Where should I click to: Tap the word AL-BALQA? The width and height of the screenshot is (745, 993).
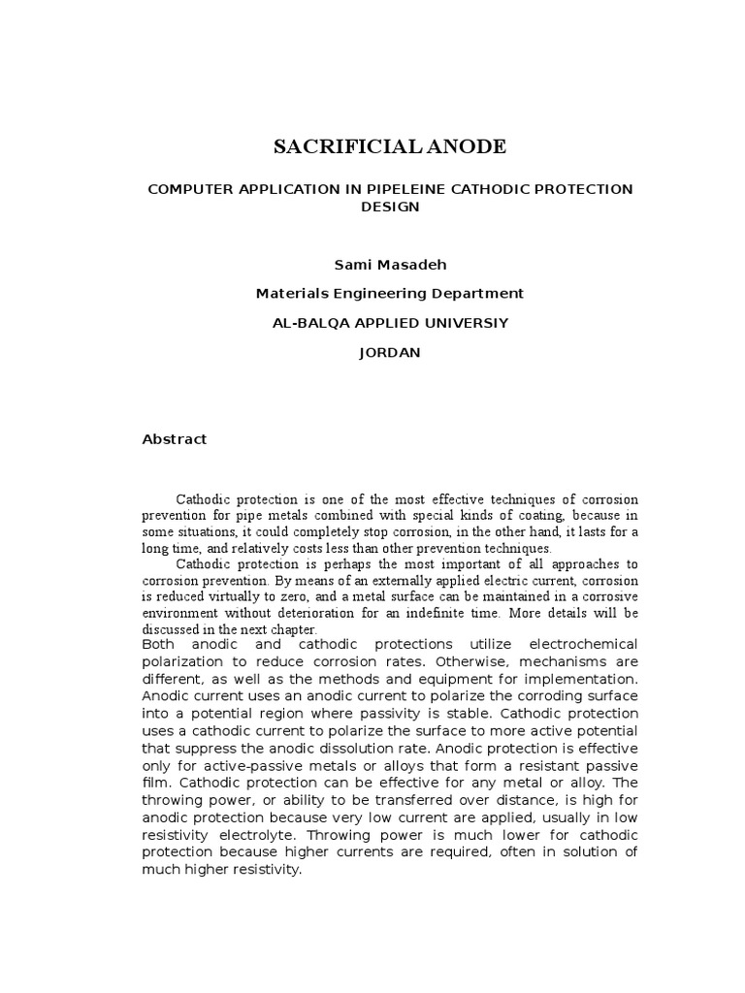tap(305, 323)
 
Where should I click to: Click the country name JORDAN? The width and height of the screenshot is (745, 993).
tap(389, 353)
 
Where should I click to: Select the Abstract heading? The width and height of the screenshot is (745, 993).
tap(175, 439)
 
